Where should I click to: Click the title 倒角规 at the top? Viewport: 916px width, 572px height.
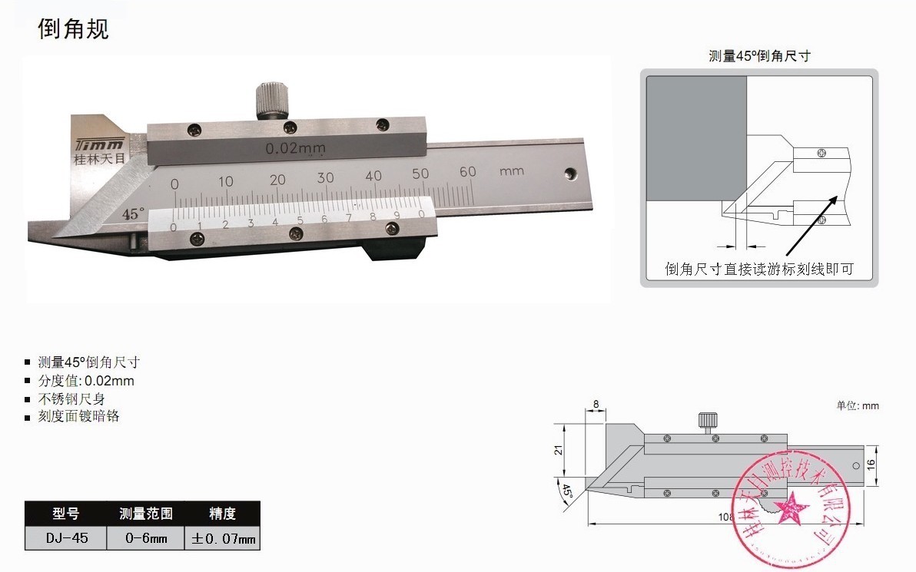coord(74,28)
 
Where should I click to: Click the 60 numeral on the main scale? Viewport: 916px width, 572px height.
coord(467,172)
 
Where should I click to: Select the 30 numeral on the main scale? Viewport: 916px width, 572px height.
coord(326,177)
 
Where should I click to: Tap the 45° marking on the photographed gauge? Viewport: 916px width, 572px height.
coord(132,214)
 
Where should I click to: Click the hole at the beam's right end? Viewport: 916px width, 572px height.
coord(569,174)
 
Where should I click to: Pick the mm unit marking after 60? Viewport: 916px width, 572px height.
coord(511,170)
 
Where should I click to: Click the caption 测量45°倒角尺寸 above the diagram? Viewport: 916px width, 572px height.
coord(759,56)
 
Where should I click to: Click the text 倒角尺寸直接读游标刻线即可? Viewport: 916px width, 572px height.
coord(759,269)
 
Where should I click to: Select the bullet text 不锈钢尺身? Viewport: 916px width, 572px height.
coord(71,398)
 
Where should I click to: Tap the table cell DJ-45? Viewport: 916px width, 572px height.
coord(65,538)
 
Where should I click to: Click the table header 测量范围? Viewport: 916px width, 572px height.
coord(146,514)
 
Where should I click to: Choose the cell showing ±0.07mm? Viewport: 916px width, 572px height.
coord(222,538)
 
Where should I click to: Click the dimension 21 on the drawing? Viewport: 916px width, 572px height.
coord(559,451)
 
